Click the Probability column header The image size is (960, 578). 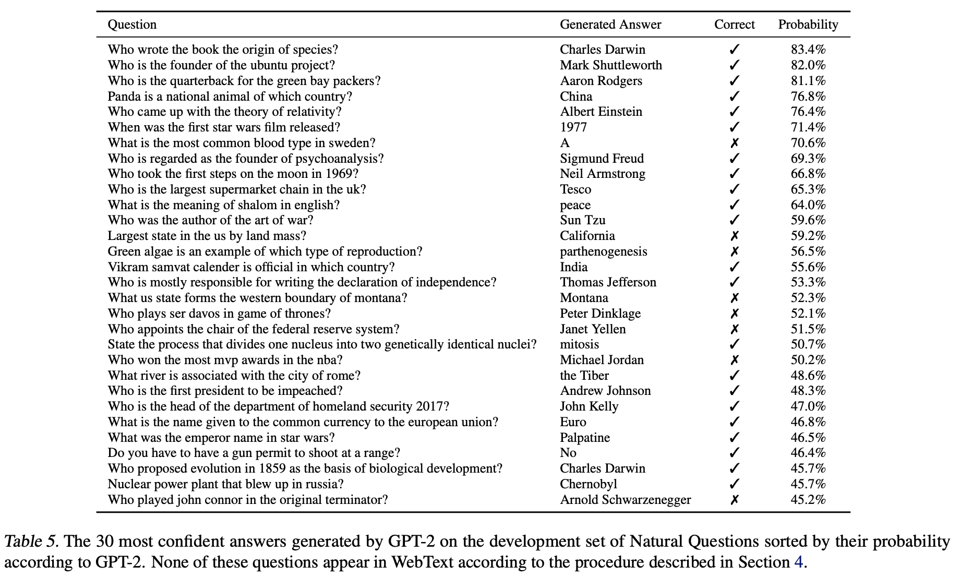pyautogui.click(x=808, y=25)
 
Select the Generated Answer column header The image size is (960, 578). pyautogui.click(x=610, y=25)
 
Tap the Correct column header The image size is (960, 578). pyautogui.click(x=734, y=25)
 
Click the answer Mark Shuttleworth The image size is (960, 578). pyautogui.click(x=610, y=65)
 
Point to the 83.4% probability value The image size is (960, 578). pyautogui.click(x=808, y=50)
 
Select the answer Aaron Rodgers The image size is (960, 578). pyautogui.click(x=601, y=81)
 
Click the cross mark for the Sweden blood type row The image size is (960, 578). pyautogui.click(x=735, y=143)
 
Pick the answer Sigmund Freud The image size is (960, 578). pyautogui.click(x=602, y=159)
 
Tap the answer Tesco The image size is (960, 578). pyautogui.click(x=575, y=189)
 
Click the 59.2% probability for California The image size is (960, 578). pyautogui.click(x=808, y=236)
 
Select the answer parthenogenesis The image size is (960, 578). pyautogui.click(x=603, y=251)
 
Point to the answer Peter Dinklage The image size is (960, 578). pyautogui.click(x=600, y=314)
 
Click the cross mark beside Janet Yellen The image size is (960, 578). pyautogui.click(x=735, y=329)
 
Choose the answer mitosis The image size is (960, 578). pyautogui.click(x=579, y=344)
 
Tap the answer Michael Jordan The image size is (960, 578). pyautogui.click(x=602, y=360)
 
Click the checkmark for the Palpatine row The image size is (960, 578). pyautogui.click(x=735, y=438)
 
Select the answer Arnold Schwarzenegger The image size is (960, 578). pyautogui.click(x=625, y=500)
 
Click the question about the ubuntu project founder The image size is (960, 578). pyautogui.click(x=221, y=65)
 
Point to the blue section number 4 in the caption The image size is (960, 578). pyautogui.click(x=798, y=562)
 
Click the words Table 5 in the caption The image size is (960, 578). pyautogui.click(x=29, y=541)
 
